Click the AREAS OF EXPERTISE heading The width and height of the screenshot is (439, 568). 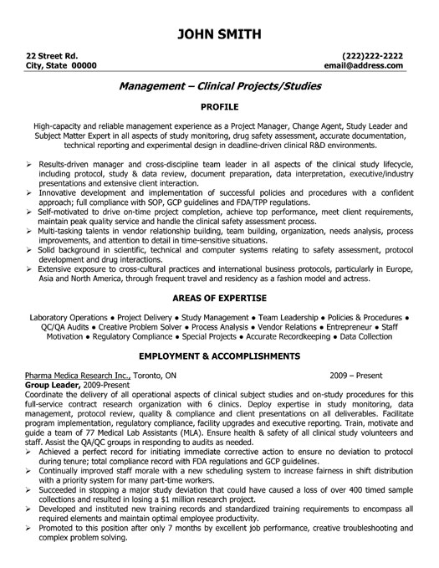click(219, 298)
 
